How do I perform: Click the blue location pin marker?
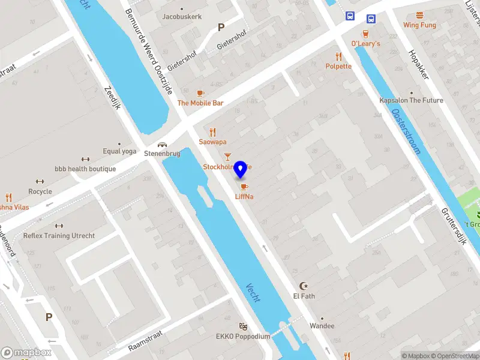[x=241, y=170]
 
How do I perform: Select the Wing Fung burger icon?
[x=419, y=15]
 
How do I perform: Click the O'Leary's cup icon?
[x=365, y=34]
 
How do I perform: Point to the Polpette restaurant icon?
[x=339, y=56]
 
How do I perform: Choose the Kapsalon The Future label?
[x=411, y=100]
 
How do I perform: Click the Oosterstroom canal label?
[x=406, y=131]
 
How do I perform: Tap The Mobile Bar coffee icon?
[x=200, y=93]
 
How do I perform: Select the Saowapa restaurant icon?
[x=212, y=132]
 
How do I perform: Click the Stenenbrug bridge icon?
[x=162, y=144]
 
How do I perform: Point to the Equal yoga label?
[x=119, y=151]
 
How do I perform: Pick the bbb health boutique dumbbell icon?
[x=85, y=160]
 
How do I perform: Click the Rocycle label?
[x=40, y=191]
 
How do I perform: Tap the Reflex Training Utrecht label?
[x=59, y=236]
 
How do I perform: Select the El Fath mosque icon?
[x=303, y=286]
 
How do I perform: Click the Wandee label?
[x=322, y=326]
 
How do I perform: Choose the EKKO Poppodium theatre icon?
[x=243, y=326]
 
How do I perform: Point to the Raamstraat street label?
[x=147, y=343]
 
